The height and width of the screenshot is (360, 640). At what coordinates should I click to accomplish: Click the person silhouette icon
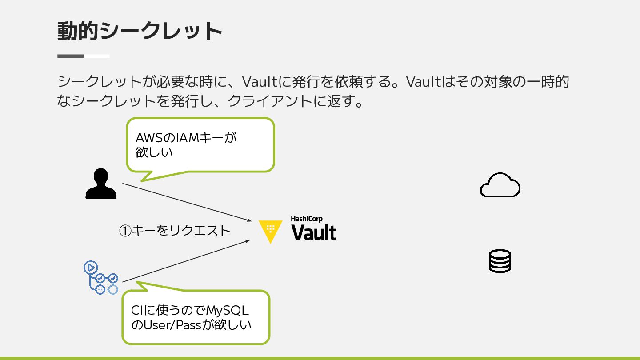(x=101, y=183)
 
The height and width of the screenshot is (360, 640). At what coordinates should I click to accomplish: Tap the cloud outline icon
(x=500, y=185)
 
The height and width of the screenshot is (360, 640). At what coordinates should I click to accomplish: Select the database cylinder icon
(x=500, y=261)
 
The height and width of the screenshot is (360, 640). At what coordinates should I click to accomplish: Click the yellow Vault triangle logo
(x=270, y=231)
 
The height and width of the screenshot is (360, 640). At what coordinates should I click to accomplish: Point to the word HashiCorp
(x=306, y=219)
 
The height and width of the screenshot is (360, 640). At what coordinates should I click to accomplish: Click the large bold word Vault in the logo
(x=314, y=232)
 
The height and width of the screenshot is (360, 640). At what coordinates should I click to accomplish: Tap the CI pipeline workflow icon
(x=101, y=278)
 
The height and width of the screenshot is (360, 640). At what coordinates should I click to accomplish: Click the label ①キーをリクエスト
(x=175, y=231)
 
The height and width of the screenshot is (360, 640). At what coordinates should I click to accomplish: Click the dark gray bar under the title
(x=71, y=56)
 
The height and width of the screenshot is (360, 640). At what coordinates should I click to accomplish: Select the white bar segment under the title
(x=97, y=56)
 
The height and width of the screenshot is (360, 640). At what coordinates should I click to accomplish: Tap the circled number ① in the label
(x=125, y=231)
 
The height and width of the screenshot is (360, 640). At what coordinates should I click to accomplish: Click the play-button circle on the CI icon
(x=90, y=268)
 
